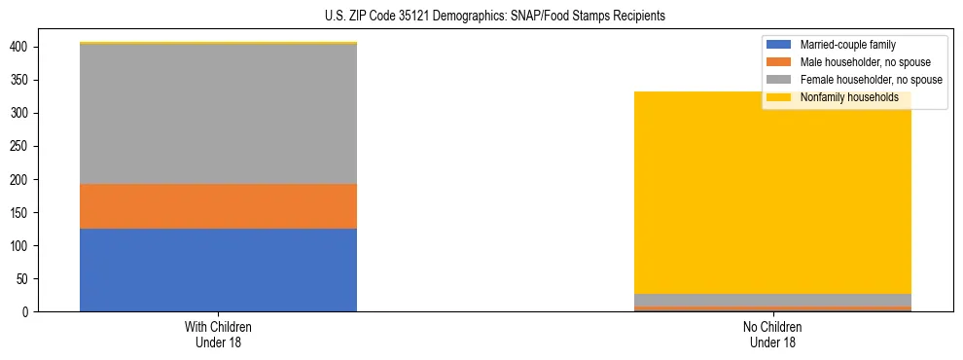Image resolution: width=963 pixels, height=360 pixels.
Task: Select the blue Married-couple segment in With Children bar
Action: coord(218,270)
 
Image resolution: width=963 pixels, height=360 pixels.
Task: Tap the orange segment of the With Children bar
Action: coord(218,206)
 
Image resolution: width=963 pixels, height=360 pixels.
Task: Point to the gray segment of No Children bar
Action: coord(772,300)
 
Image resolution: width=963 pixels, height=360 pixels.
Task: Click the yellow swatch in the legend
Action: coord(779,97)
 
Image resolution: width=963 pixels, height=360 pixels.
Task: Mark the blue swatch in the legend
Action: coord(779,45)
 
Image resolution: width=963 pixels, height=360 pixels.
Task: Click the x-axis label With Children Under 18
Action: coord(218,334)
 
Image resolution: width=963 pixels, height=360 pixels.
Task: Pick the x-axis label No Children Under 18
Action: coord(772,334)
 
